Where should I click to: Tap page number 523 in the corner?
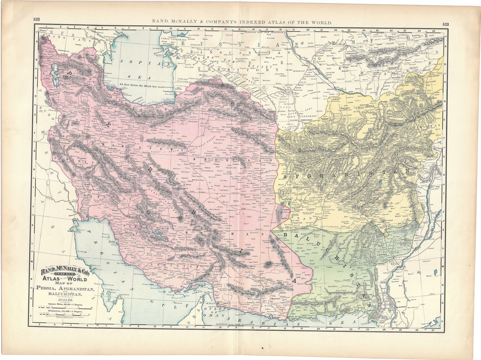point(446,24)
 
